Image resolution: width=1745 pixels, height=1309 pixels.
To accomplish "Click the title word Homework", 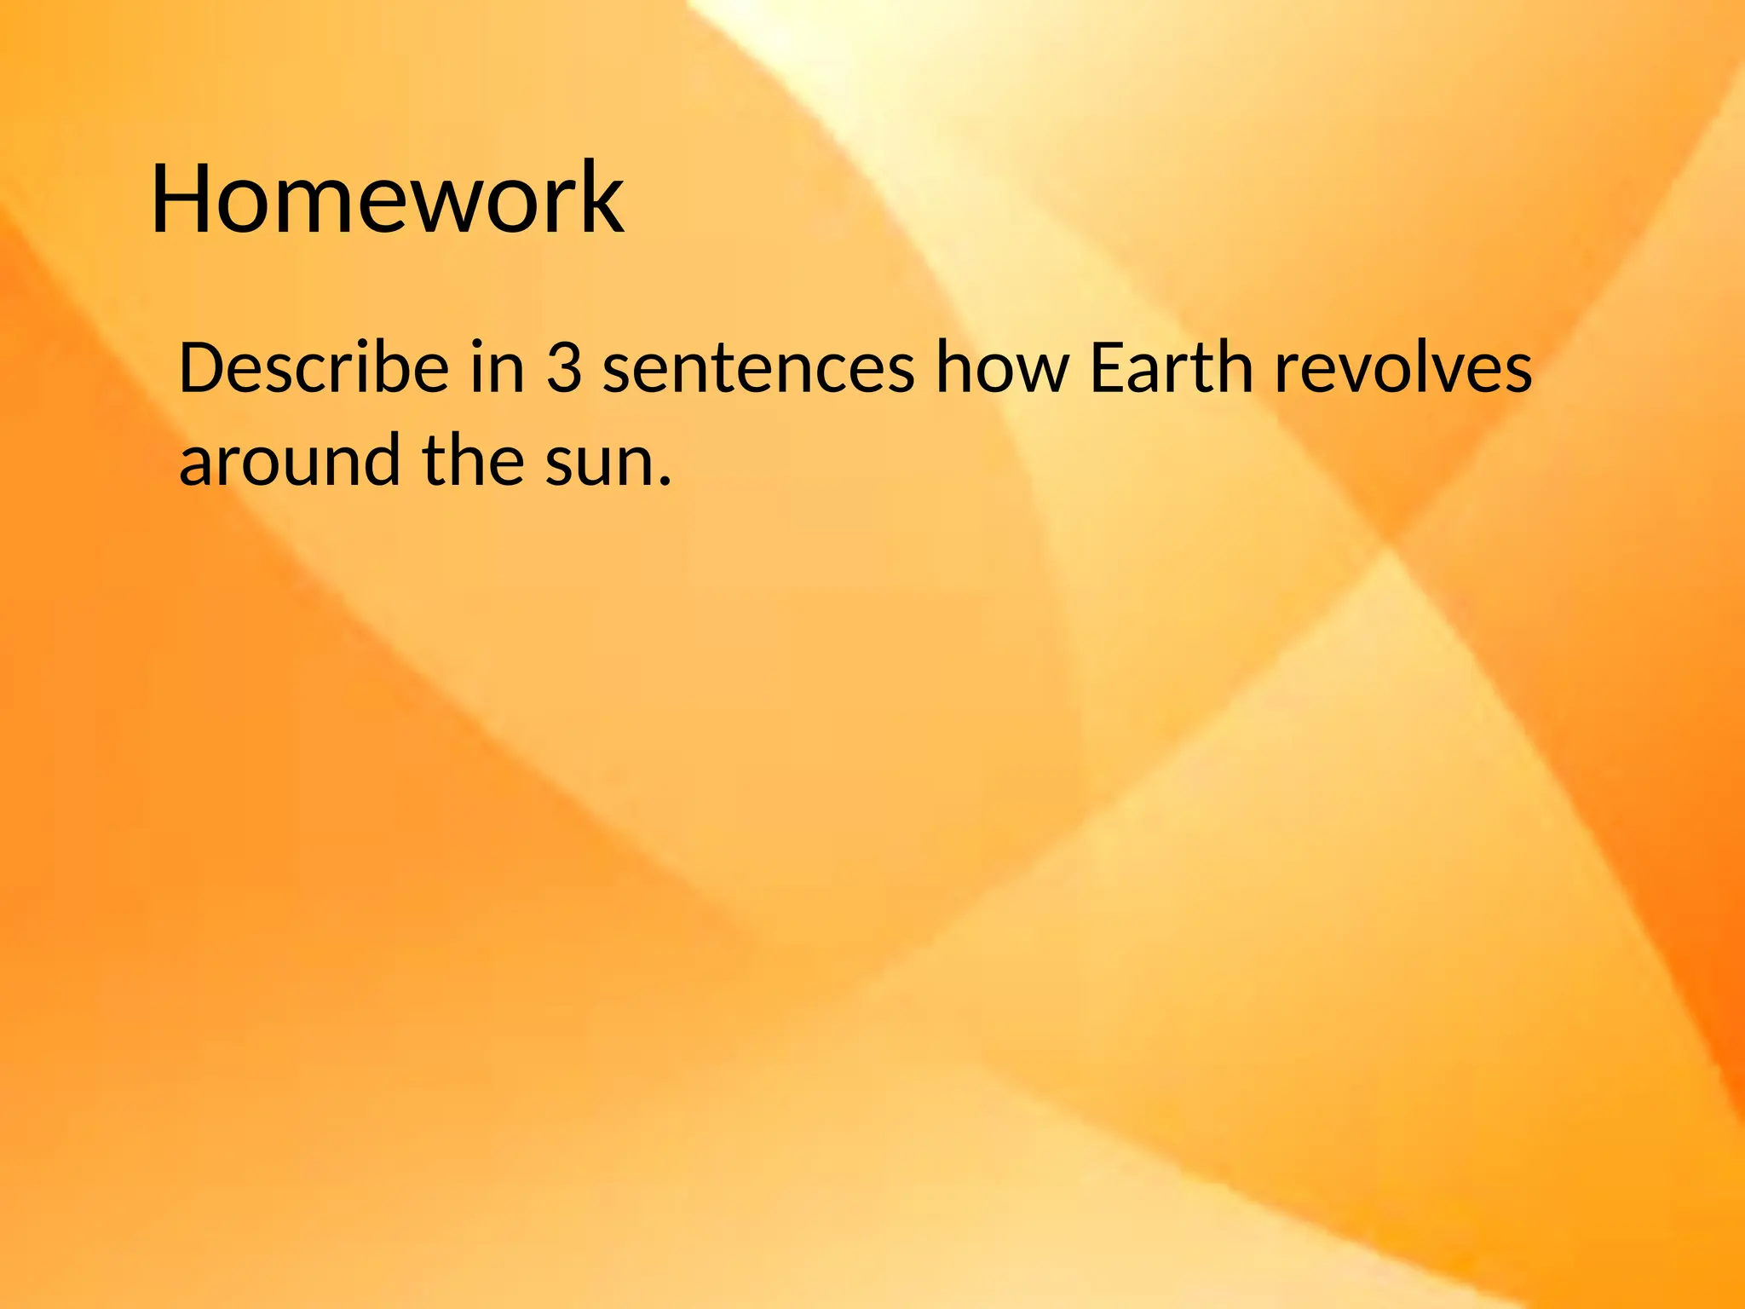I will click(x=388, y=198).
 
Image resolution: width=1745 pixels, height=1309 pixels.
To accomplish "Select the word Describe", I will click(x=314, y=367).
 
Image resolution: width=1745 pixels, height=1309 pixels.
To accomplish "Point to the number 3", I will click(x=564, y=367).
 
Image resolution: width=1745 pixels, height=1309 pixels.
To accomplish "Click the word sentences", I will click(x=758, y=367).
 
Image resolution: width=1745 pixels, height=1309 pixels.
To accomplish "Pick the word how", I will click(x=1002, y=367).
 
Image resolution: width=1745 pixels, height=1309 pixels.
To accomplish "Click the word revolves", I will click(x=1402, y=367).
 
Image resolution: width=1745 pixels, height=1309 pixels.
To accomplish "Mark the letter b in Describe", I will click(x=392, y=367).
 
